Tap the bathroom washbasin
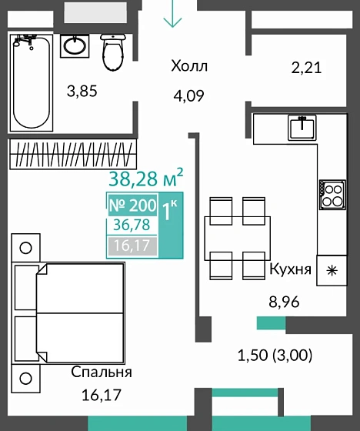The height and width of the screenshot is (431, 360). coord(75,45)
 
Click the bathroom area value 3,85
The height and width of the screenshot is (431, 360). coord(82,92)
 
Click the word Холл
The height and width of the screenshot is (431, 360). coord(189,66)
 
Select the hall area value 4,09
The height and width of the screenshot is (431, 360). coord(189,98)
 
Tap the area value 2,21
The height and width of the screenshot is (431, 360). coord(305,68)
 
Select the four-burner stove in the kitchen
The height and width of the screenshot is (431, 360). coord(333,193)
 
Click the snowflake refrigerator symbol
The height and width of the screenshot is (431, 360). coord(332,270)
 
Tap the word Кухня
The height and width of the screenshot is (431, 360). coord(290,269)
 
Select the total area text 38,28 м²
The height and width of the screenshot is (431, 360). coord(145,180)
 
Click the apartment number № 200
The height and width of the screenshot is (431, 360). coord(132,205)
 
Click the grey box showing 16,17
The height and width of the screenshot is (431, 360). coord(132,246)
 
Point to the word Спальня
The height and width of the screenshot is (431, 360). coord(102,372)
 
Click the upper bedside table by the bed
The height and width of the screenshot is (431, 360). coord(25,247)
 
